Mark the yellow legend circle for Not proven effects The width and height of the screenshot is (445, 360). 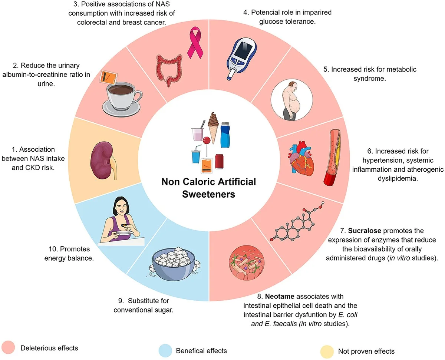(x=327, y=350)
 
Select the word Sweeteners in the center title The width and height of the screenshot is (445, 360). (x=208, y=194)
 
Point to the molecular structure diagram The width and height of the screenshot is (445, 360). (x=301, y=222)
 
